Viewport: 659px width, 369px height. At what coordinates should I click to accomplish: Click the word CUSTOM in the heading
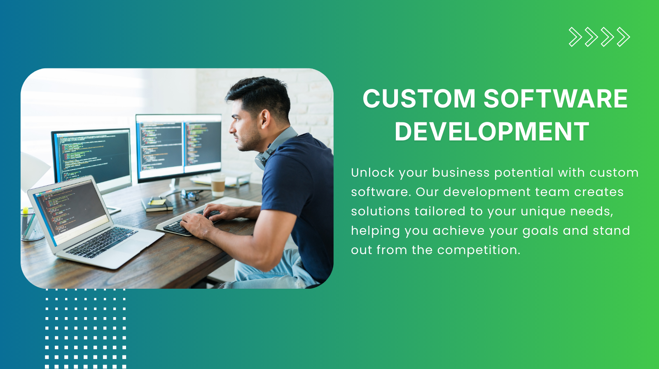[x=419, y=99]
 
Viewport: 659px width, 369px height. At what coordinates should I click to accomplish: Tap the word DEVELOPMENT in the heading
[x=492, y=132]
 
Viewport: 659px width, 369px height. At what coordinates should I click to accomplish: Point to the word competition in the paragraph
[x=478, y=250]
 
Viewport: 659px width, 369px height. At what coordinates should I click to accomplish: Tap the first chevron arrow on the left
[x=575, y=37]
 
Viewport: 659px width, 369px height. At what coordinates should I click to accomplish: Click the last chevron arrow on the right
[x=623, y=37]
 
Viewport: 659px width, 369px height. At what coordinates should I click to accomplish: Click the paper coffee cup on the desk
[x=218, y=186]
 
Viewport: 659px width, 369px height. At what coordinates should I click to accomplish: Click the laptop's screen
[x=70, y=210]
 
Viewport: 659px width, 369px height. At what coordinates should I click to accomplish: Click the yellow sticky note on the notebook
[x=157, y=202]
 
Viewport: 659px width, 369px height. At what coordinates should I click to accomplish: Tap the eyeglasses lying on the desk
[x=190, y=194]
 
